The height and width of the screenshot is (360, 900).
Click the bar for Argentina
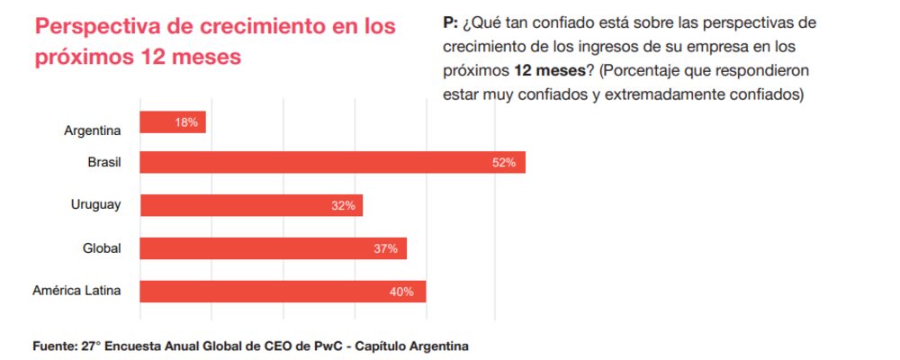(x=173, y=122)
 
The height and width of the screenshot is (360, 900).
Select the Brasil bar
(x=332, y=163)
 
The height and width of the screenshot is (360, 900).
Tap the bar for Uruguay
(x=251, y=205)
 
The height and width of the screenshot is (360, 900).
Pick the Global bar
(x=273, y=248)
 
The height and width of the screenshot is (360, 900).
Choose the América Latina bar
(x=283, y=292)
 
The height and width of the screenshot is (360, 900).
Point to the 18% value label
(x=187, y=122)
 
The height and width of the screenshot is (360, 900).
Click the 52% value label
(x=504, y=163)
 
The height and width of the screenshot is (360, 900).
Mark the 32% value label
(x=343, y=206)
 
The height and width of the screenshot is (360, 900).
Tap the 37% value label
(x=386, y=248)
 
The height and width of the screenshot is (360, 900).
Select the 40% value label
(x=401, y=292)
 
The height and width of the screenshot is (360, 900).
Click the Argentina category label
(x=93, y=131)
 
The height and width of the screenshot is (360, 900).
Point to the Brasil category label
(x=105, y=163)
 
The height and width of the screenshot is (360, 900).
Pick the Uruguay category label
(x=95, y=205)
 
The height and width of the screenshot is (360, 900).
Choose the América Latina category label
(x=76, y=291)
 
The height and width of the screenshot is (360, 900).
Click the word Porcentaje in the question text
(x=649, y=69)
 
